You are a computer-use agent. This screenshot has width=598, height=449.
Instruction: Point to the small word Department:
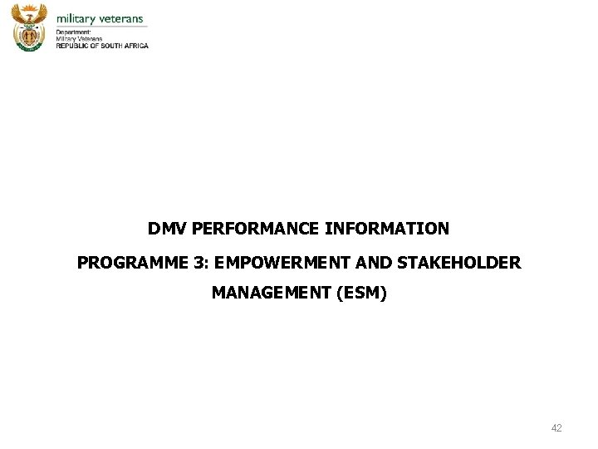(x=73, y=32)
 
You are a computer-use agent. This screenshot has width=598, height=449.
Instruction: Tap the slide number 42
(x=556, y=427)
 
